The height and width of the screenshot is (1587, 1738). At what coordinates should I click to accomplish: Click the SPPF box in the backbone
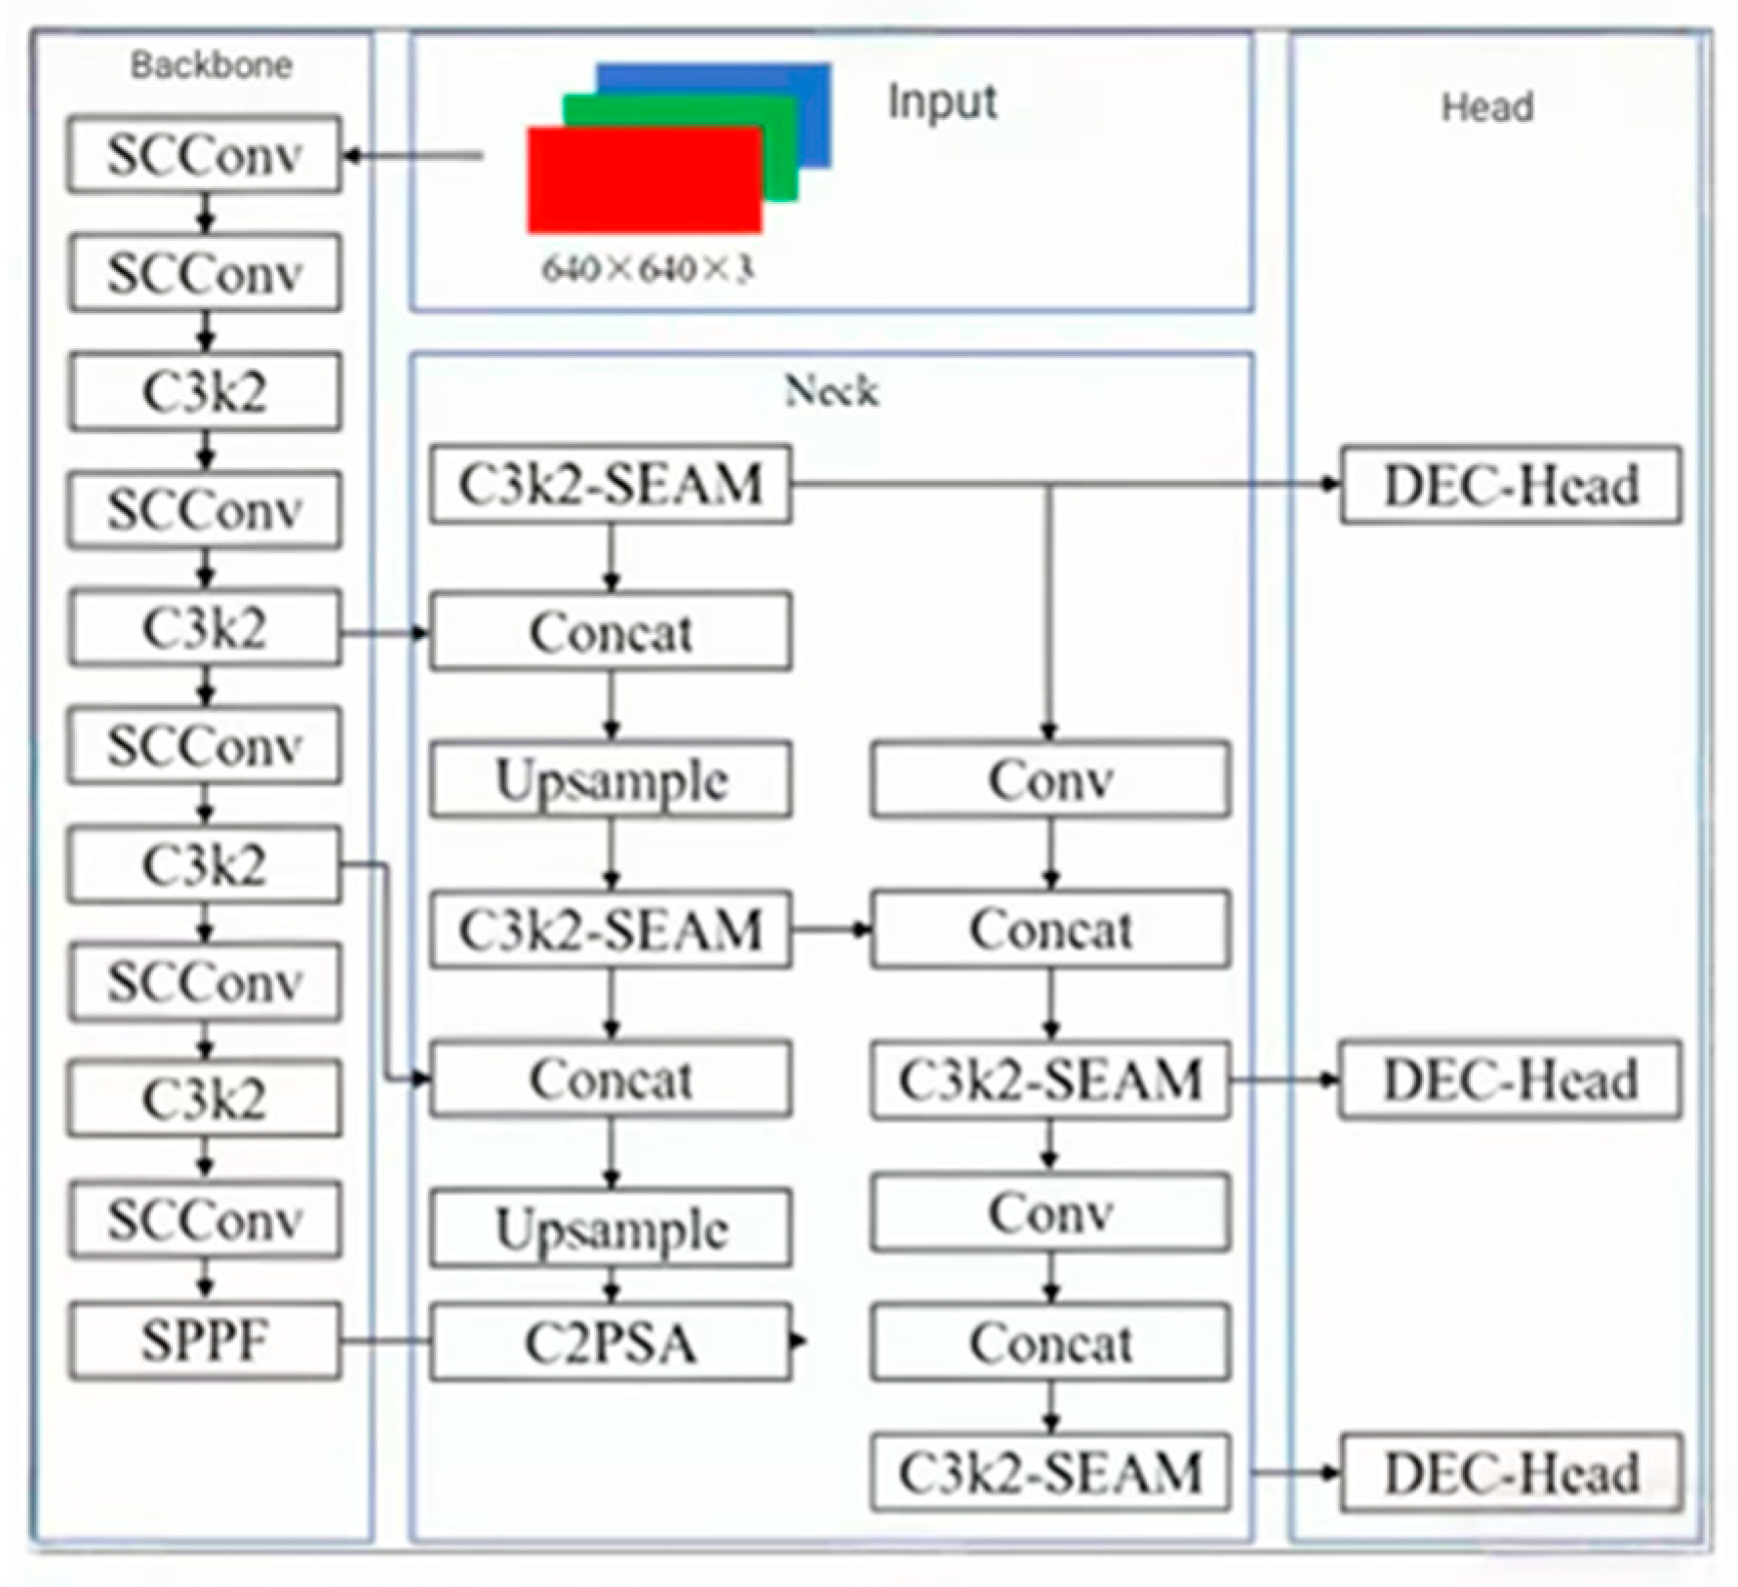205,1341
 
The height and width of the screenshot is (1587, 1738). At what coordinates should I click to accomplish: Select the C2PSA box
611,1342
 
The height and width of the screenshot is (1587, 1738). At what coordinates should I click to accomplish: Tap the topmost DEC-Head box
1511,485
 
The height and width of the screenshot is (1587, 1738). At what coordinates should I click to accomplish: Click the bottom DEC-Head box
1511,1473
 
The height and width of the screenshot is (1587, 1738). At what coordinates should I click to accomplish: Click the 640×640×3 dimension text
648,268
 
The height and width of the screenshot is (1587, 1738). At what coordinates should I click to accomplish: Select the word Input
942,101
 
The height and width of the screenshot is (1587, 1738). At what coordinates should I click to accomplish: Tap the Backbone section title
212,65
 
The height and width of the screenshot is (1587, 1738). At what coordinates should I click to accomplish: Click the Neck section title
831,391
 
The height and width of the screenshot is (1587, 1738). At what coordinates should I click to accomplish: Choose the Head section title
1487,106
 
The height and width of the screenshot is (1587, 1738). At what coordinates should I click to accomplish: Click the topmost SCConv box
205,154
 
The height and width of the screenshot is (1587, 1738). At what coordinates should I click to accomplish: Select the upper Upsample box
611,780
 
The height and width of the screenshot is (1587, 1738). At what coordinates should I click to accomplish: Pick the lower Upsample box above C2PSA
611,1228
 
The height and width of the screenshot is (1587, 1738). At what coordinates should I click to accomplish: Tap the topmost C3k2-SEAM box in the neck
611,485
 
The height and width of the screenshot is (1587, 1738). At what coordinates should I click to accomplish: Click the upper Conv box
1050,780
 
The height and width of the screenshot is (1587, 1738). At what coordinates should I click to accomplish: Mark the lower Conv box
1050,1213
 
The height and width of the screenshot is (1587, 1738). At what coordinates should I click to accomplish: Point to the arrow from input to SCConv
415,155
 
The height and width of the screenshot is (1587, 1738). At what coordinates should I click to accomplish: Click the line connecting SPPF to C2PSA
386,1341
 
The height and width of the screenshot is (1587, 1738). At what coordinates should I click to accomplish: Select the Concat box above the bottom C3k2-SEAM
1050,1343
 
